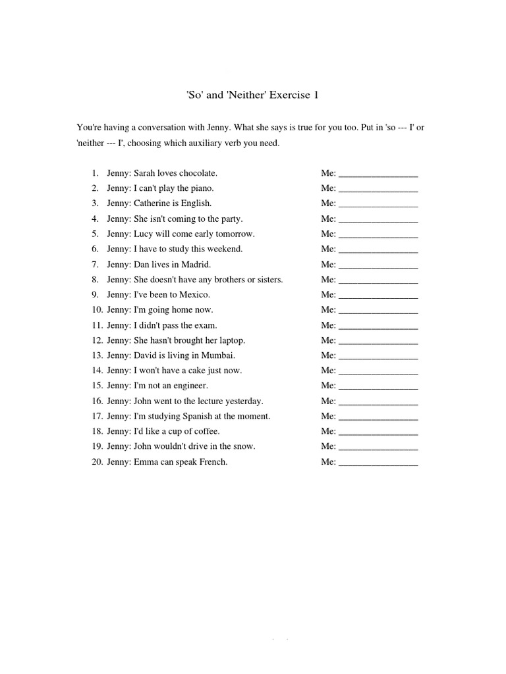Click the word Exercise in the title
click(288, 95)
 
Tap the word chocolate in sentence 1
click(197, 173)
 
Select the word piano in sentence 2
click(201, 188)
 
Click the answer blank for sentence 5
click(378, 234)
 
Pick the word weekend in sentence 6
click(225, 249)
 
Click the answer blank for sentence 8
click(378, 280)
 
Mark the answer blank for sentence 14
click(378, 371)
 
